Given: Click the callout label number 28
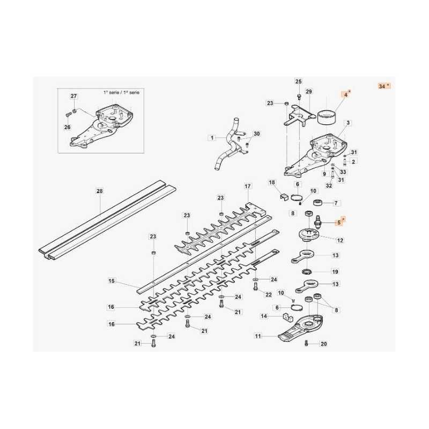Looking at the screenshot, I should click(99, 191).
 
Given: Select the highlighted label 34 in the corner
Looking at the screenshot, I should click(383, 86).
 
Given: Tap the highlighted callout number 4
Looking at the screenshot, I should click(346, 93).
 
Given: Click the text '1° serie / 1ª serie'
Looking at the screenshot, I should click(121, 93).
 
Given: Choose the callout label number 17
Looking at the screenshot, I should click(247, 186).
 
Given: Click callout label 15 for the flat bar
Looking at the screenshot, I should click(112, 280).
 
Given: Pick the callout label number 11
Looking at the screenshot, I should click(258, 336).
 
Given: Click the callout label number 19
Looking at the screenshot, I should click(335, 271).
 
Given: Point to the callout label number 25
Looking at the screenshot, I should click(299, 82).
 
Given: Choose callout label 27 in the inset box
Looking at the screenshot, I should click(74, 97).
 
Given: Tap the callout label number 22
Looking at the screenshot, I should click(269, 294).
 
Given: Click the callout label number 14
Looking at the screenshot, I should click(264, 316).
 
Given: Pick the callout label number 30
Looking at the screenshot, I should click(256, 134).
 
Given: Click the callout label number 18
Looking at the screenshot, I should click(271, 183).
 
